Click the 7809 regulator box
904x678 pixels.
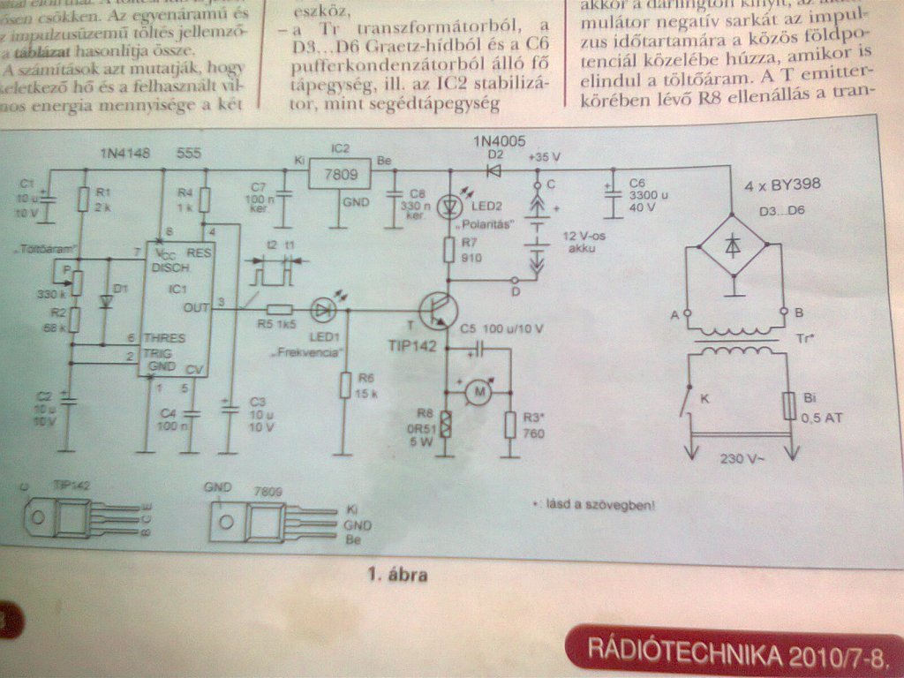click(x=341, y=174)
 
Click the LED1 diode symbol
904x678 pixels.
click(x=323, y=310)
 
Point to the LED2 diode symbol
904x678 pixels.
click(x=450, y=205)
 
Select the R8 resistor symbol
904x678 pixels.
click(x=447, y=424)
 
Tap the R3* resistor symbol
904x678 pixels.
click(x=509, y=424)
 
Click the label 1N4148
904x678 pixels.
click(x=124, y=153)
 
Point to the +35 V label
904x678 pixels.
click(x=544, y=154)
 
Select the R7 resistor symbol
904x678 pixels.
click(x=448, y=248)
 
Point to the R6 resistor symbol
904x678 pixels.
click(x=343, y=385)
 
